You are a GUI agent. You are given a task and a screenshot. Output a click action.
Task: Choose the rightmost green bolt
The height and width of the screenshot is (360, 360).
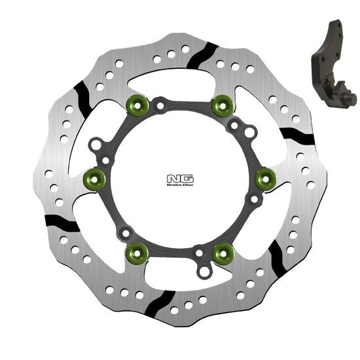tap(265, 177)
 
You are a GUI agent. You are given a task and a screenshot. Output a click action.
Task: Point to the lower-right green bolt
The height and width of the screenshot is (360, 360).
tap(223, 249)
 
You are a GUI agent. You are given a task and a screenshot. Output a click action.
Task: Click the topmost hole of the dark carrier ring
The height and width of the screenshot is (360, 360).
tap(159, 100)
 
